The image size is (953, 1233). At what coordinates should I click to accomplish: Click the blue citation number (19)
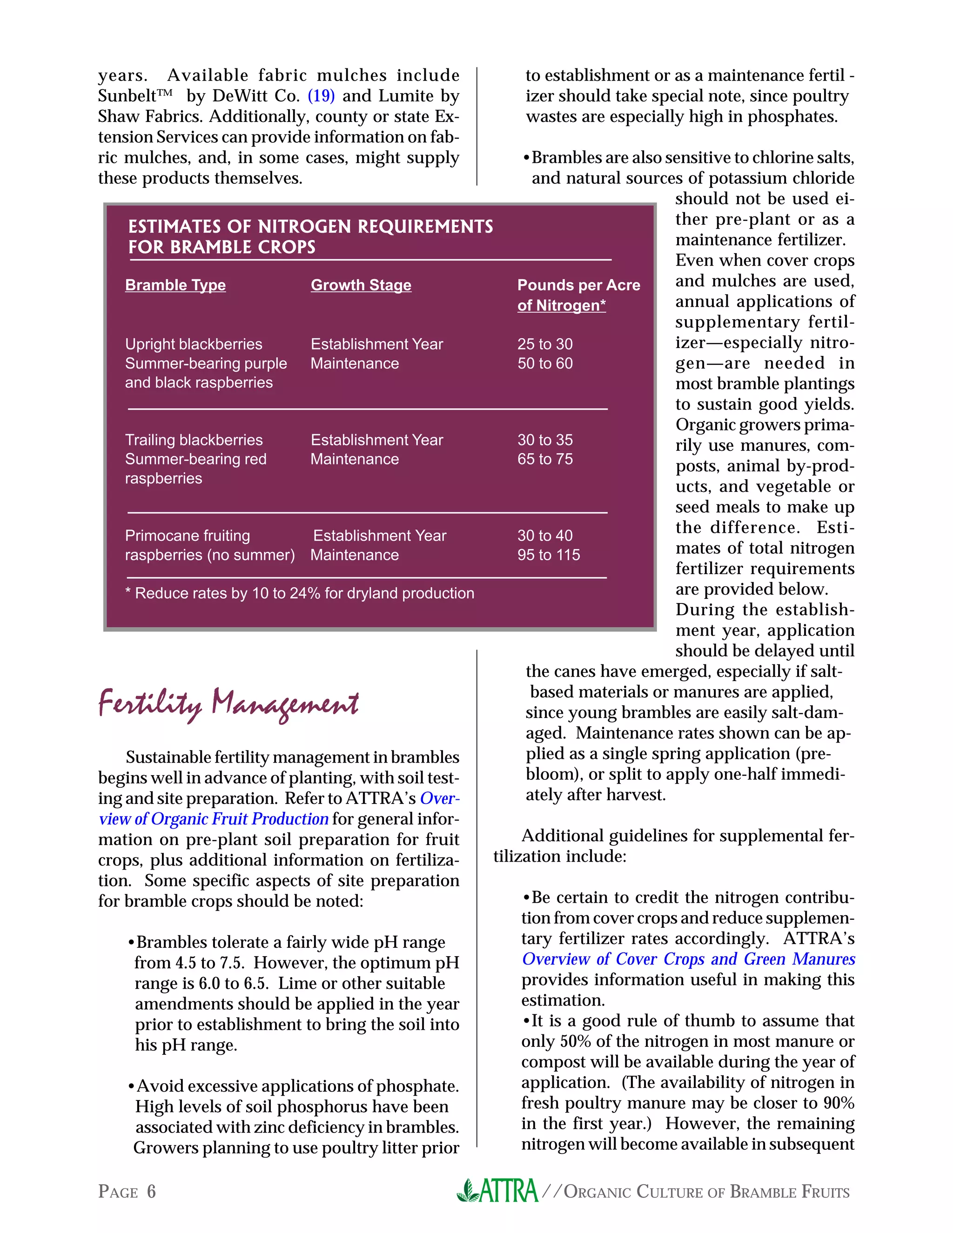point(321,96)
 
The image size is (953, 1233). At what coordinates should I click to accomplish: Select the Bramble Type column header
point(175,285)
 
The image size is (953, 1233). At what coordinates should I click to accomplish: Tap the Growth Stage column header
point(361,285)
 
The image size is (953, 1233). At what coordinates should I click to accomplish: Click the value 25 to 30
point(545,344)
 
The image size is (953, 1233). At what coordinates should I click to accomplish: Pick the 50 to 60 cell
point(545,363)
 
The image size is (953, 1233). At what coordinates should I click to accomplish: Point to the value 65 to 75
point(545,459)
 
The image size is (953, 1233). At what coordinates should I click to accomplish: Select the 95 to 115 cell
point(548,555)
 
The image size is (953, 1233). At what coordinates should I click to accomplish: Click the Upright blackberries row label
point(194,344)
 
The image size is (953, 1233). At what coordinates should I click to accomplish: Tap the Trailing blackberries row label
point(194,440)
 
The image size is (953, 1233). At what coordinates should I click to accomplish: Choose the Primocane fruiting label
point(187,536)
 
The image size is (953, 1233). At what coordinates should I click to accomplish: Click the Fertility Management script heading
point(228,704)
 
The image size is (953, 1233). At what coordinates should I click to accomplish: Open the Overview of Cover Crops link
point(688,959)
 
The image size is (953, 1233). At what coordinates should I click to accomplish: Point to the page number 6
point(151,1191)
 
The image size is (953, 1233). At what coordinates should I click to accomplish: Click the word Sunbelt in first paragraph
point(128,96)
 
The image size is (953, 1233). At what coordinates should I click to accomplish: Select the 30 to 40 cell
point(545,536)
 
